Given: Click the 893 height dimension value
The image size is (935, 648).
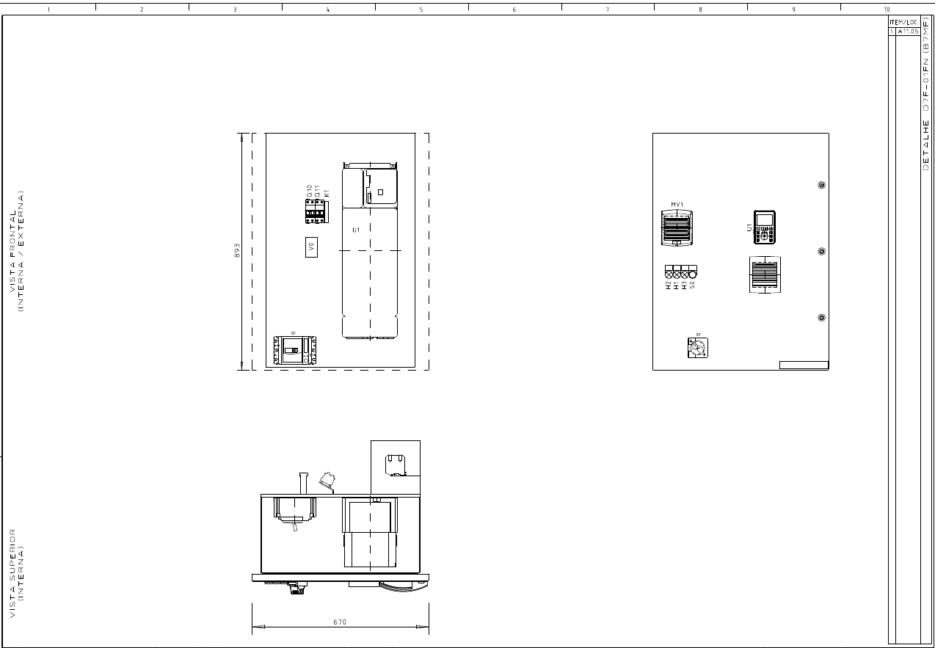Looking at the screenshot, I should tap(237, 250).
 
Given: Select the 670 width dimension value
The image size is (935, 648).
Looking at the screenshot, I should tap(339, 622).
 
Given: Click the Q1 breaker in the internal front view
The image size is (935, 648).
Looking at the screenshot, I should tap(294, 351).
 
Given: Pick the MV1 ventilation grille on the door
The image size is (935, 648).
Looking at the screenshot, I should tap(677, 227).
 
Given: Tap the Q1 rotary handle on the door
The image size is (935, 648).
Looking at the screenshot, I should tap(697, 349).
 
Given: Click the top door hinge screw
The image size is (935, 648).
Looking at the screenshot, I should tap(821, 186).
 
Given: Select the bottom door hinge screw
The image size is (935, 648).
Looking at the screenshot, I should tap(821, 318).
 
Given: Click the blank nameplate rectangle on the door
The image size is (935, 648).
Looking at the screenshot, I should tap(803, 365).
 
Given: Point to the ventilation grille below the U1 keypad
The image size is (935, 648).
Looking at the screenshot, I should tap(765, 274).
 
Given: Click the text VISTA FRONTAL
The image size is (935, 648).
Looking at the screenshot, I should tap(12, 252).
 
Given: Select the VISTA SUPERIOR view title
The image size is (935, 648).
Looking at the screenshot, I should tap(12, 572).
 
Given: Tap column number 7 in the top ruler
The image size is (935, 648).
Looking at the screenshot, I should tap(607, 10).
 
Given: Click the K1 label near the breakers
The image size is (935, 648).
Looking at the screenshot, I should tap(327, 192).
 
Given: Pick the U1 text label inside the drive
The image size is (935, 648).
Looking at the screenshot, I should tap(356, 230).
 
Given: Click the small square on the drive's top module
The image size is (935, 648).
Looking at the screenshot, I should tap(380, 192).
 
